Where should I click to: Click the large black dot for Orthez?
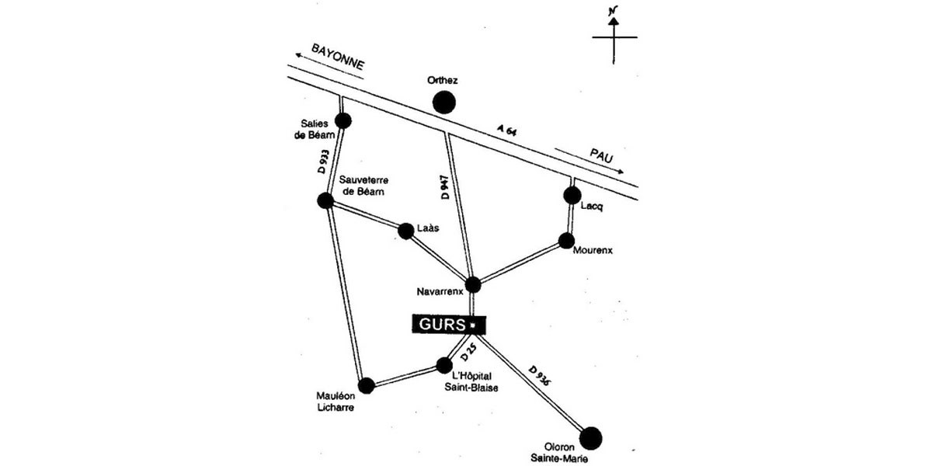tap(443, 102)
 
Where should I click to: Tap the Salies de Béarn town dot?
tap(343, 120)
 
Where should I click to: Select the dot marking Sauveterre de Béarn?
tap(326, 200)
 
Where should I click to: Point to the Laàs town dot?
tap(405, 231)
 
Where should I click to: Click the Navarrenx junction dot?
tap(473, 284)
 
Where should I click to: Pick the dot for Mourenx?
tap(566, 241)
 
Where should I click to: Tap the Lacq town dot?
tap(572, 194)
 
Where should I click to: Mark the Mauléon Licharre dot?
tap(367, 384)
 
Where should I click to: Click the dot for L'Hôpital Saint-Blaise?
tap(444, 365)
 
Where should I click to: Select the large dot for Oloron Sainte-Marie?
tap(591, 438)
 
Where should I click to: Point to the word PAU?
tap(602, 157)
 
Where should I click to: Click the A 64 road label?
tap(506, 130)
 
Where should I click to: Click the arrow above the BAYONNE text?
tap(311, 54)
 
